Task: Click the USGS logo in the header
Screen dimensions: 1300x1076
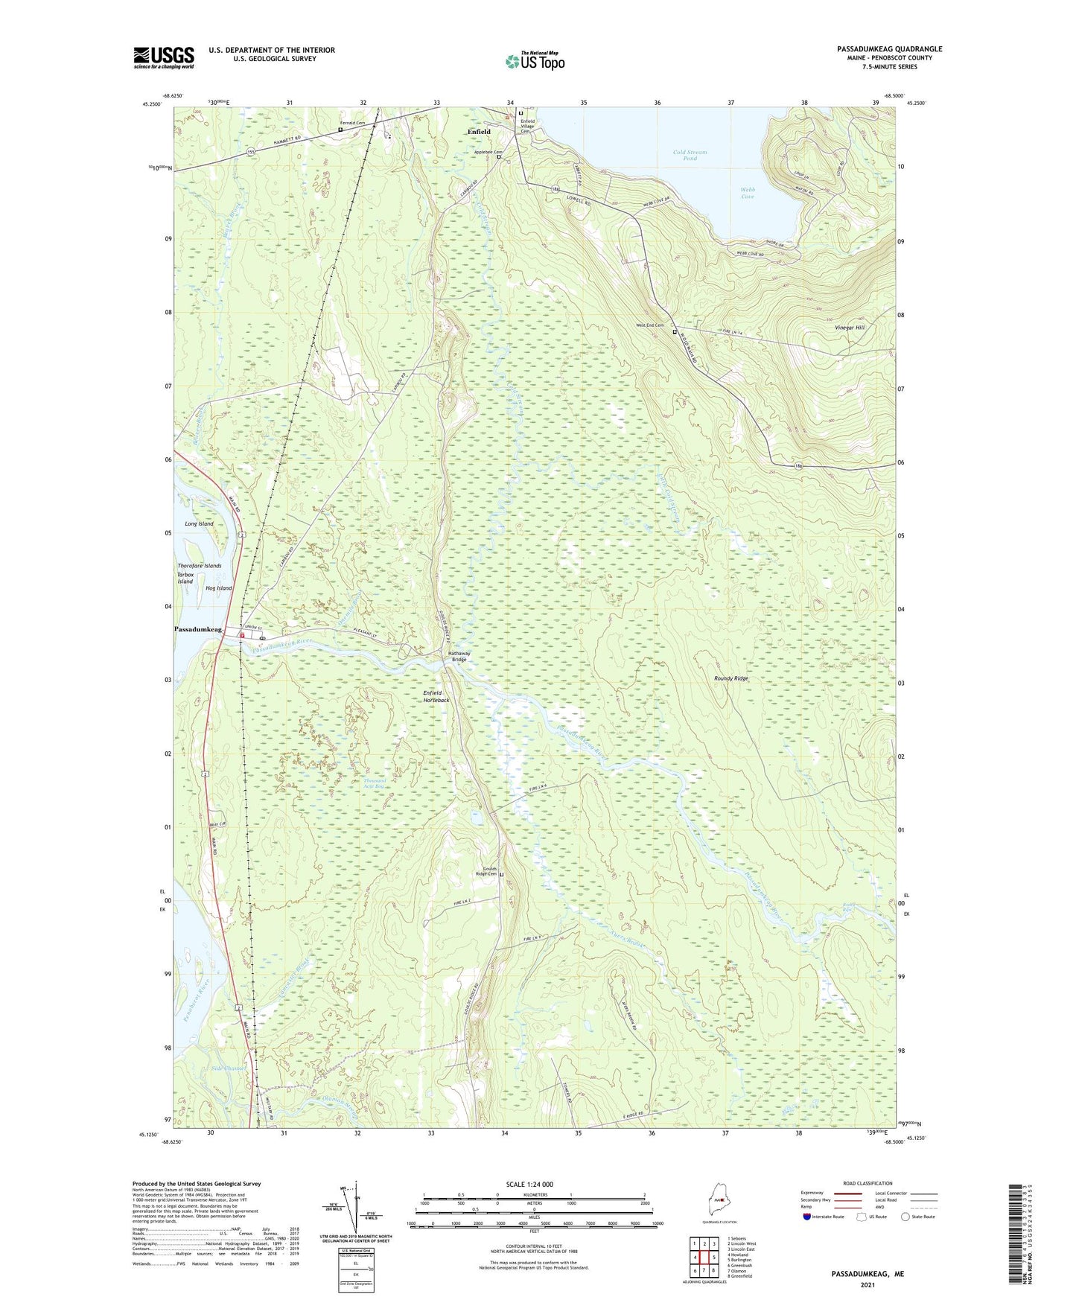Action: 164,57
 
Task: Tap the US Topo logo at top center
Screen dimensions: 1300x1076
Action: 535,61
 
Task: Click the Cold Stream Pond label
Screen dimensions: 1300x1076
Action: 690,156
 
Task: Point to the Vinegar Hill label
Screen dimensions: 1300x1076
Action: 850,328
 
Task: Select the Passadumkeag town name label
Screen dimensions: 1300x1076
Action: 198,630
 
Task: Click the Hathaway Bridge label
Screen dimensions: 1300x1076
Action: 457,657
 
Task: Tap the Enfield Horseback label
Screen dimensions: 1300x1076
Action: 436,697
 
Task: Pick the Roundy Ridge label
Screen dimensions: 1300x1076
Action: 730,679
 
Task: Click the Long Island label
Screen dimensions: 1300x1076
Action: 199,523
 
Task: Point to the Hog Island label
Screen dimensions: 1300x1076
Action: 218,588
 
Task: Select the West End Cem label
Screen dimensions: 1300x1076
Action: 649,325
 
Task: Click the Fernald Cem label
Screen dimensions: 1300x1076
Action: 353,123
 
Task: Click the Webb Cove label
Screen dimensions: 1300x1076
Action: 748,193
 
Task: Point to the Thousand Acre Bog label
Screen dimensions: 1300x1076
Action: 374,783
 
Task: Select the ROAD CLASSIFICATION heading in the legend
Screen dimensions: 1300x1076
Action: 867,1183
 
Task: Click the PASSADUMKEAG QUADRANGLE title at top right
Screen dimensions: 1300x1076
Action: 889,49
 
